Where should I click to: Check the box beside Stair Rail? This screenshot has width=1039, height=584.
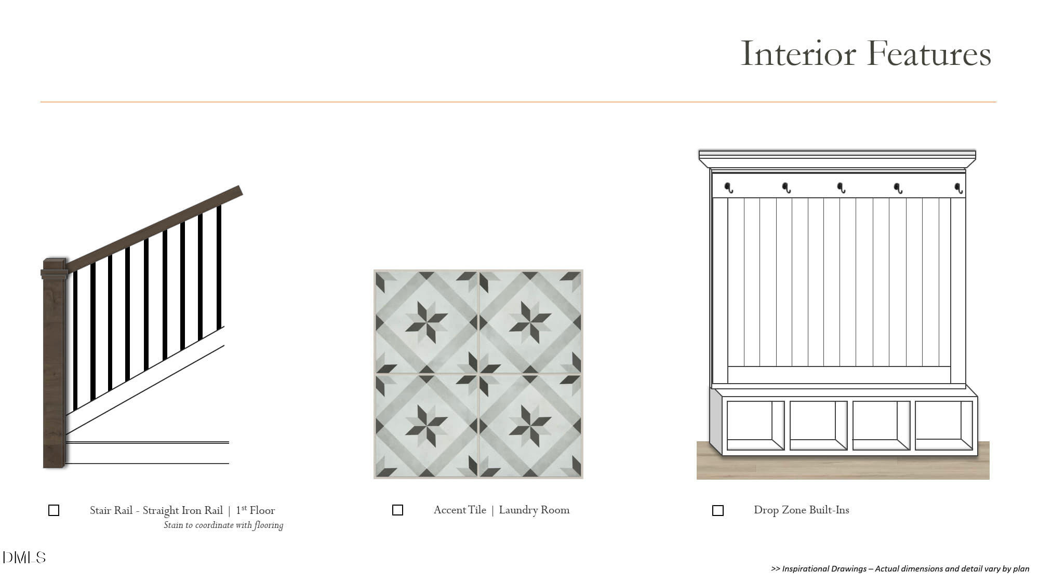pos(54,510)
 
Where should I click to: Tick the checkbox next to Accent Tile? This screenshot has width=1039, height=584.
pos(397,510)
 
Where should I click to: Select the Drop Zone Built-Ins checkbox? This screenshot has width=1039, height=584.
pos(717,510)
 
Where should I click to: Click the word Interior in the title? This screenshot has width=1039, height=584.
pos(798,53)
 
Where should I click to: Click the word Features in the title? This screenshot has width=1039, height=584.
pos(929,53)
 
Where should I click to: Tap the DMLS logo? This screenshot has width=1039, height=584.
pos(24,558)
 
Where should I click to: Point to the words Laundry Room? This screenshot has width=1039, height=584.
pos(534,510)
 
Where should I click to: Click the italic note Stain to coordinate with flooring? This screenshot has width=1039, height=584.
pos(223,525)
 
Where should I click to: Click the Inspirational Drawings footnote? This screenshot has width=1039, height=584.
pos(900,568)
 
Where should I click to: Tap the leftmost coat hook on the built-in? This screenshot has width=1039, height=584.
pos(729,187)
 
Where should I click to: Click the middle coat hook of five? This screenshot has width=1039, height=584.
pos(841,187)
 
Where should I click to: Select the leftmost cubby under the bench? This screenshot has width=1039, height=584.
pos(755,425)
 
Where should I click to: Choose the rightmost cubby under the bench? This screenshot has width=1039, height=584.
pos(943,425)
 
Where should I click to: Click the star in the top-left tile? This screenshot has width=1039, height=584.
pos(427,322)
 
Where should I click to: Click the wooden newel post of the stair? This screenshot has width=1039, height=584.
pos(55,363)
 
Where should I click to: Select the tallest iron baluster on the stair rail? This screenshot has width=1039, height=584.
pos(219,268)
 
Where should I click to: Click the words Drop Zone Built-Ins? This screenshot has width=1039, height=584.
pos(802,510)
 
